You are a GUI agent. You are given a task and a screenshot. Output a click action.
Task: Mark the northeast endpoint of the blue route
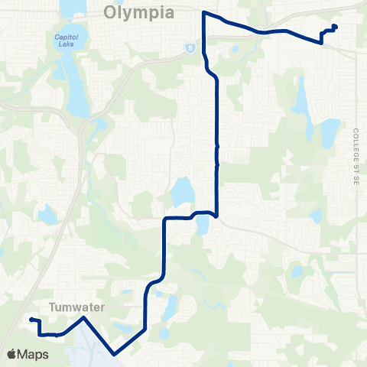[335, 28]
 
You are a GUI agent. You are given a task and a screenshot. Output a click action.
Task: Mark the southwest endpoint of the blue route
[31, 320]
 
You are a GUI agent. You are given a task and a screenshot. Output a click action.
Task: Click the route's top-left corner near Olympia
[203, 12]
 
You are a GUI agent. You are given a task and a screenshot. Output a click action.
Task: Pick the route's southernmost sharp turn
[114, 354]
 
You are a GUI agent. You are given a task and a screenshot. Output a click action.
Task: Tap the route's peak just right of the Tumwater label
[83, 317]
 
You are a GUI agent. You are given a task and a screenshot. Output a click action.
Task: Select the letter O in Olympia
[110, 13]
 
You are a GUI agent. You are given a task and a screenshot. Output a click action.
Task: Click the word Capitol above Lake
[66, 37]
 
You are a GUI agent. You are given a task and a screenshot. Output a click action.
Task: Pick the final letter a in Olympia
[170, 13]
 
